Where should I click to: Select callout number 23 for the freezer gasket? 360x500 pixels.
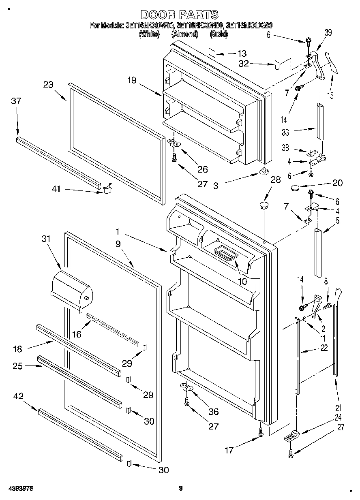point(49,85)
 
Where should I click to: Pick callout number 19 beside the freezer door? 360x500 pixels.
point(132,81)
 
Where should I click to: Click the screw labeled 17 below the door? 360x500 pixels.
point(260,433)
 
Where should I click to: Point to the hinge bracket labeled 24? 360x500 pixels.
point(290,436)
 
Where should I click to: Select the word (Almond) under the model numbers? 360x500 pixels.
point(184,34)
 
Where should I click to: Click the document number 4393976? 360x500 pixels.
point(20,489)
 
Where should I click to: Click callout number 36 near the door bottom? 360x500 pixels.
point(213,412)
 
